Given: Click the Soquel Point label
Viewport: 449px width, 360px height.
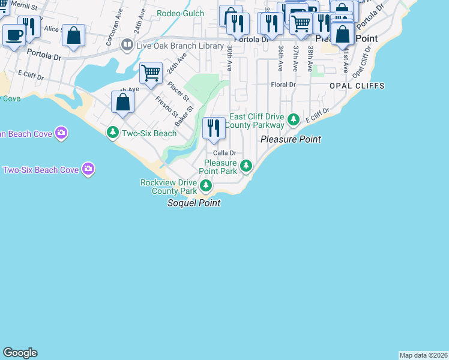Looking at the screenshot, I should pyautogui.click(x=193, y=203).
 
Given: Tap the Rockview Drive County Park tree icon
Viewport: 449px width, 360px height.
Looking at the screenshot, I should pyautogui.click(x=206, y=186).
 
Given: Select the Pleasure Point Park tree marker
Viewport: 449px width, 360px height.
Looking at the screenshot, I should pyautogui.click(x=246, y=166).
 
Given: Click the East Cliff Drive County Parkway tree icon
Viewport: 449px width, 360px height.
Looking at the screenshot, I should pyautogui.click(x=293, y=120).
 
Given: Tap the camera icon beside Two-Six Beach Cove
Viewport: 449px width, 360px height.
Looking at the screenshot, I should pyautogui.click(x=88, y=170).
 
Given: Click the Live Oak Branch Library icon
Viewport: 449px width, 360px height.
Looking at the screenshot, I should pyautogui.click(x=127, y=44).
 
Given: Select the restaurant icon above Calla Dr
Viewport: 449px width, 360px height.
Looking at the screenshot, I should pyautogui.click(x=213, y=128).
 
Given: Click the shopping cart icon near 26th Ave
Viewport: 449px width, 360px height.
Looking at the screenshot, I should pyautogui.click(x=151, y=73).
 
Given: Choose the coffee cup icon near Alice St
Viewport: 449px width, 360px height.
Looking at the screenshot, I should pyautogui.click(x=14, y=34).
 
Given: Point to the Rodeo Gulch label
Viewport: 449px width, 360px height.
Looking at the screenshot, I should pyautogui.click(x=180, y=13).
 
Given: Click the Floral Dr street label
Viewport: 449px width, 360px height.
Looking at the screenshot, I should pyautogui.click(x=283, y=85).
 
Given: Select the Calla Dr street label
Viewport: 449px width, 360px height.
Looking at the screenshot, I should pyautogui.click(x=224, y=153).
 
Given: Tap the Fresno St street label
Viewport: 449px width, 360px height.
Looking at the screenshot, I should pyautogui.click(x=166, y=107).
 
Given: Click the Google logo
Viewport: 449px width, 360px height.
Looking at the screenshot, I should pyautogui.click(x=20, y=353).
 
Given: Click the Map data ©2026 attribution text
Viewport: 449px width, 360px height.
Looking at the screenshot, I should pyautogui.click(x=423, y=355).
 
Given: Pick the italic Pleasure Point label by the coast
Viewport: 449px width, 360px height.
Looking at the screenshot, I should pyautogui.click(x=291, y=139).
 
